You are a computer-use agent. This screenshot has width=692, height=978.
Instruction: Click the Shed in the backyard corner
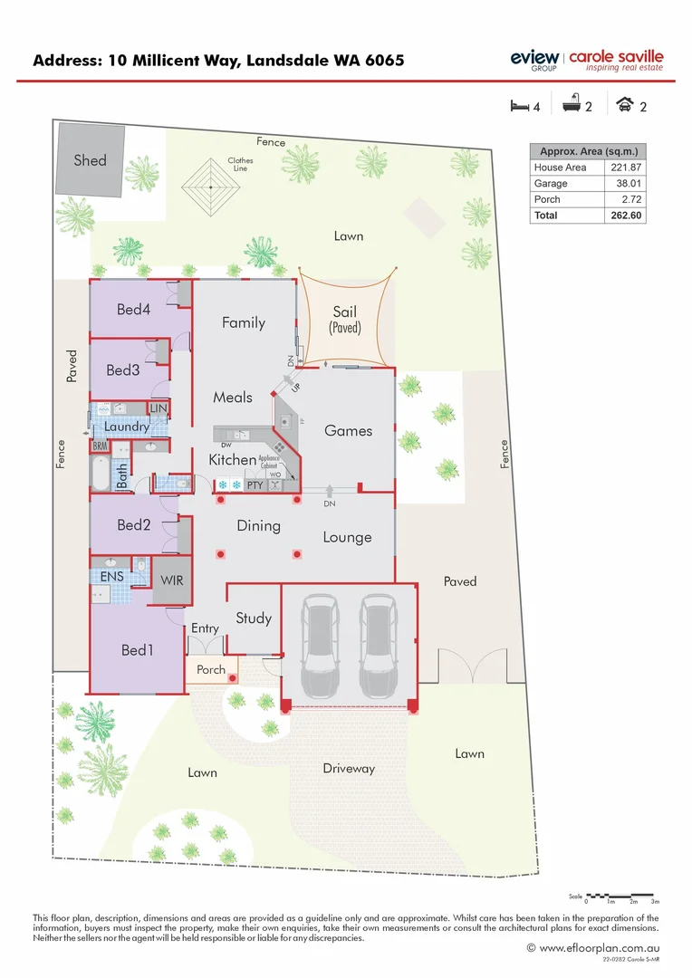click(x=90, y=159)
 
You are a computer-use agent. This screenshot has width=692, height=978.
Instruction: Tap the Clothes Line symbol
click(x=210, y=187)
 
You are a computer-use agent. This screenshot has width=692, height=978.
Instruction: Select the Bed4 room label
click(x=133, y=310)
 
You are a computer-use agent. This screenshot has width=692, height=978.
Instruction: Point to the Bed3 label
click(x=123, y=369)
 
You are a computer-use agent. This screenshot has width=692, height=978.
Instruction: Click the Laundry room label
click(x=127, y=427)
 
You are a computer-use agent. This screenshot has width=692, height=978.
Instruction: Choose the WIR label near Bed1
click(x=172, y=580)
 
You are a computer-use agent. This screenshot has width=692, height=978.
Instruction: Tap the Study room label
click(x=254, y=618)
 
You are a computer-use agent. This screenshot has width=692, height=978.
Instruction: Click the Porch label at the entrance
click(x=211, y=670)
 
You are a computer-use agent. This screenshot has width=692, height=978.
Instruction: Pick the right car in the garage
click(x=379, y=646)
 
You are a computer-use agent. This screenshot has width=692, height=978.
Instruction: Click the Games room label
click(x=348, y=431)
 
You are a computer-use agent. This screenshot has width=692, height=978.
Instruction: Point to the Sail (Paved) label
click(x=345, y=319)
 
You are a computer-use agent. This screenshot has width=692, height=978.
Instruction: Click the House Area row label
click(x=560, y=168)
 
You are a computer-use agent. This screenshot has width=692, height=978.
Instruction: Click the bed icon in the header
click(x=518, y=106)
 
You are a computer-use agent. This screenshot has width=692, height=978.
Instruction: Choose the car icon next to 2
click(x=624, y=106)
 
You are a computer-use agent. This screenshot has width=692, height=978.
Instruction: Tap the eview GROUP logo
click(x=534, y=60)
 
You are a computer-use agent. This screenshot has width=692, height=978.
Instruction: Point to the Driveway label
click(x=349, y=769)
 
